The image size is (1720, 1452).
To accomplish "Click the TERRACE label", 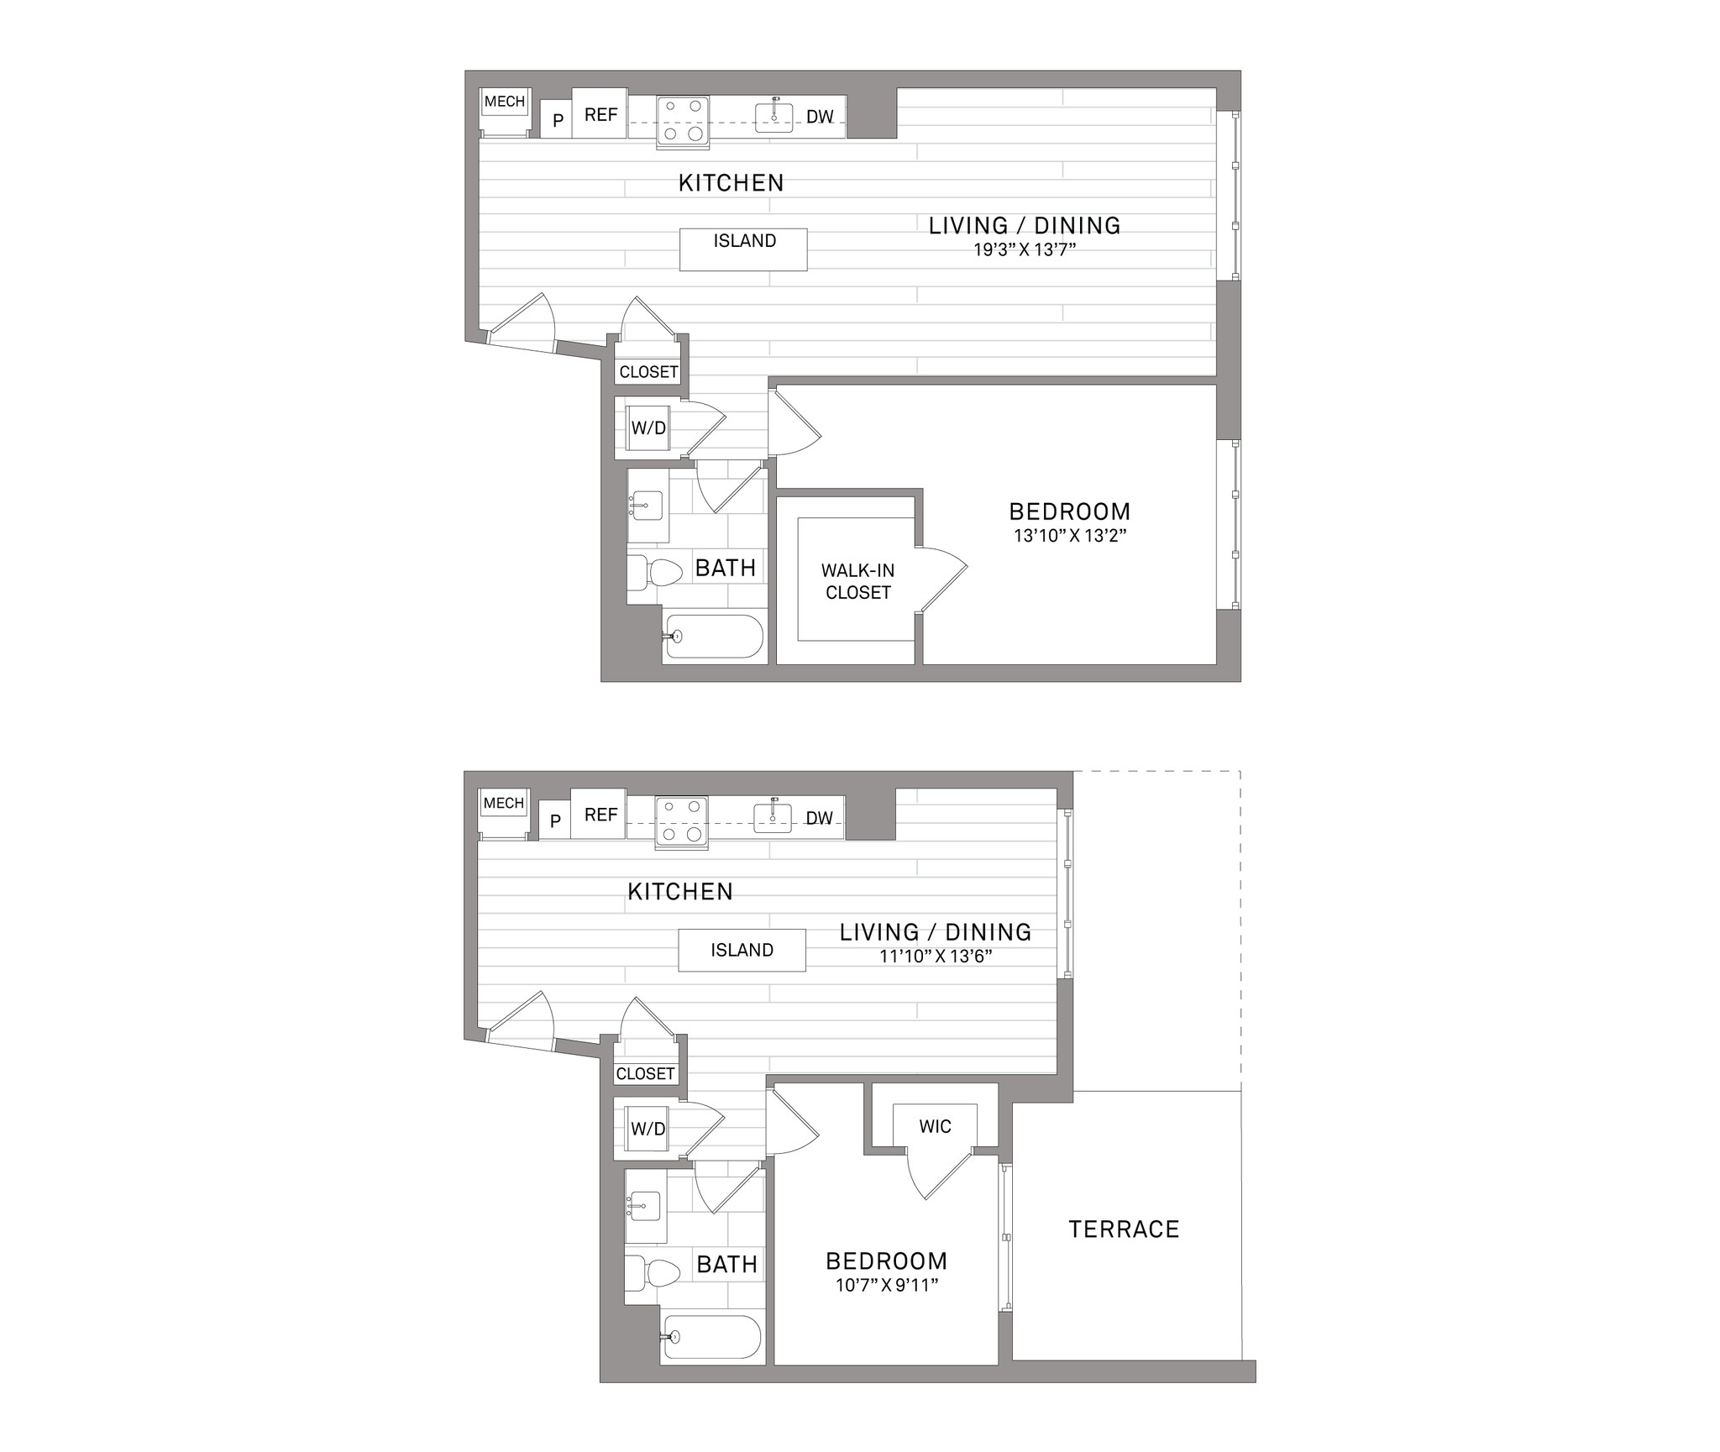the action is (1124, 1229).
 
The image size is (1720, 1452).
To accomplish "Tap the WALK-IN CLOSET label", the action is (857, 581).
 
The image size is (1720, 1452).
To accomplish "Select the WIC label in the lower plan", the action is (935, 1126).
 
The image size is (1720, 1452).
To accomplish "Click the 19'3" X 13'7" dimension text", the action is (1024, 249).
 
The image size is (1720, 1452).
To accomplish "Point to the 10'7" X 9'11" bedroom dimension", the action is (886, 1286).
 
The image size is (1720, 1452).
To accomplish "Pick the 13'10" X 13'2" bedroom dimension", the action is (1069, 536).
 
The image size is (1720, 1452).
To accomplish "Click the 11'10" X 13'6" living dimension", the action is (936, 956).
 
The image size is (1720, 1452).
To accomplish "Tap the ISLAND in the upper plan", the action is (743, 249).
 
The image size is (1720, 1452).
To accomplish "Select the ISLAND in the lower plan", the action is (742, 950).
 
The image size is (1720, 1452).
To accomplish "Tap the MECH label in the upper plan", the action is (505, 102).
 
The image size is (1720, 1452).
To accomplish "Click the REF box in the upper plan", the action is (600, 113).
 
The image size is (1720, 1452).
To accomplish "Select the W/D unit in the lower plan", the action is (648, 1129).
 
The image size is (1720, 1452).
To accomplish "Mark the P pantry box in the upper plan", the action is (557, 120).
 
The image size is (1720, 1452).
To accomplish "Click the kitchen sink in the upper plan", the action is (774, 116).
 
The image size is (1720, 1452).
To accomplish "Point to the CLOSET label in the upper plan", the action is (648, 372).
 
